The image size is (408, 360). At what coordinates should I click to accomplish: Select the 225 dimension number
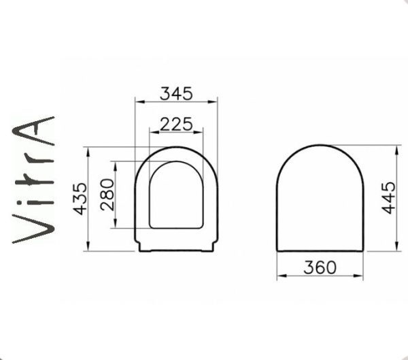click(176, 123)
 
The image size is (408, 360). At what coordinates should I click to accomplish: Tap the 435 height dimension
click(79, 198)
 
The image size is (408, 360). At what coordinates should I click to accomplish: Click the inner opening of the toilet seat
click(176, 195)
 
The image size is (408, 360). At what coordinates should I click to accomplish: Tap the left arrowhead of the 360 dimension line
click(279, 276)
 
